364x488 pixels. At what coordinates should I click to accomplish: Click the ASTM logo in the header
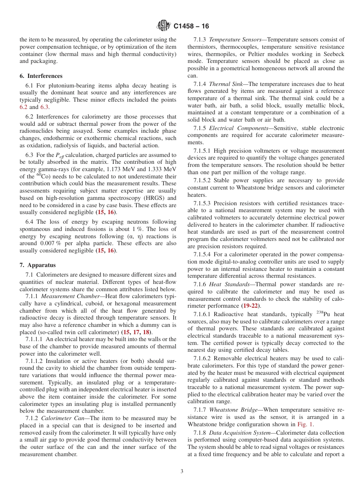tap(164, 26)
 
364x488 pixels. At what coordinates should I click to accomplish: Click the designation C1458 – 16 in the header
tap(191, 26)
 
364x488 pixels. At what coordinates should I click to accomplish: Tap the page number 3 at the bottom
tap(182, 472)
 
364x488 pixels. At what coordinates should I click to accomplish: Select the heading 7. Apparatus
tap(38, 265)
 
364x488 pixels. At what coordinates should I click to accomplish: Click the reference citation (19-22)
tap(251, 306)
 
